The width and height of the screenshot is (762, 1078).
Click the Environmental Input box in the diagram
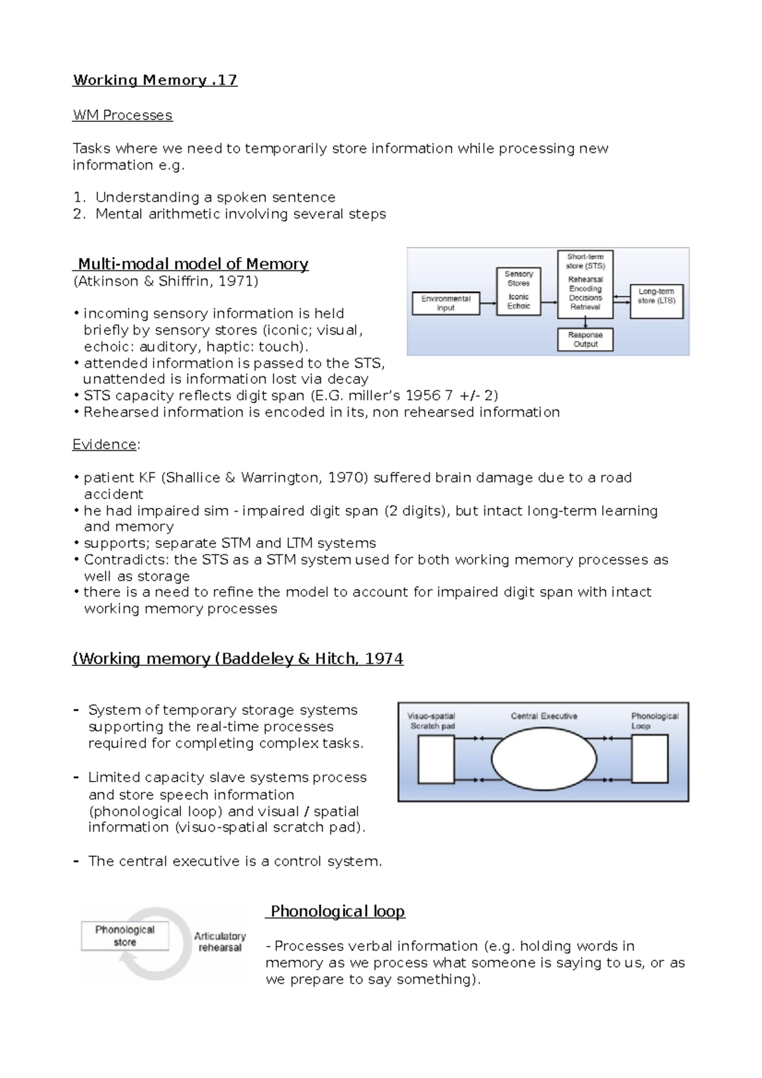(446, 303)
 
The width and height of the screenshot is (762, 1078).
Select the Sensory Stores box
(518, 291)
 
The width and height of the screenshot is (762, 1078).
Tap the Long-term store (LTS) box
(656, 301)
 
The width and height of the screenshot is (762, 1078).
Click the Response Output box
(585, 340)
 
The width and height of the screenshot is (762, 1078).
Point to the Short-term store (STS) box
(585, 284)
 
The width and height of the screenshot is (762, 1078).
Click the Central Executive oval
(544, 759)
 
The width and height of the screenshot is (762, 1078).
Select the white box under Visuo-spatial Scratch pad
(436, 759)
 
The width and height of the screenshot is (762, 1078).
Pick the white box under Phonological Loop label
(650, 759)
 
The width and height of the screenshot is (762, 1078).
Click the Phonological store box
(125, 936)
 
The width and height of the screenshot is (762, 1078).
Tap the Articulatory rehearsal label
(220, 942)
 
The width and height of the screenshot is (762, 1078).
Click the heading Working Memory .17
(155, 80)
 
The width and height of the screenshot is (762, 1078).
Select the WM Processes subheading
(123, 116)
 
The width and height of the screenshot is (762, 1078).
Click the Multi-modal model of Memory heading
(192, 264)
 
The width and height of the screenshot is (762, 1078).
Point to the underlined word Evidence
(105, 444)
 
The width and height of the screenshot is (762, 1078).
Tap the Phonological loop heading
(337, 912)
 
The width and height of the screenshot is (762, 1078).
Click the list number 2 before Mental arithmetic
(78, 214)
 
